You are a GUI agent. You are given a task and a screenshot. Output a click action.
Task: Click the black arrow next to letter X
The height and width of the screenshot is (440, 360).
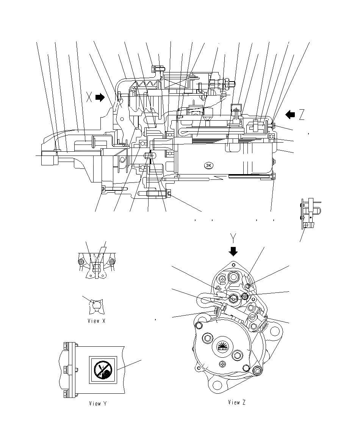pyautogui.click(x=100, y=97)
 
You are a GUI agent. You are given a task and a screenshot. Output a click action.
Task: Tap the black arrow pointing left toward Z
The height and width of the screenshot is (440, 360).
pyautogui.click(x=290, y=114)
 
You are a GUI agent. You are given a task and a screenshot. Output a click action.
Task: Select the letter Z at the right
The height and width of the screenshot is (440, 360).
pyautogui.click(x=302, y=114)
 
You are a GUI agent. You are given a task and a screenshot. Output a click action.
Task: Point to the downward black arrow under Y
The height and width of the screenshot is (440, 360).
pyautogui.click(x=233, y=251)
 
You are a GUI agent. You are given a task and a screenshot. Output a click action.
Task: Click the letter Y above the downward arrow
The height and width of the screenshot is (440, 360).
pyautogui.click(x=234, y=238)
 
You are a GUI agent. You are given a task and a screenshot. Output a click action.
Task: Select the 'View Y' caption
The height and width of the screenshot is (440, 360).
pyautogui.click(x=98, y=404)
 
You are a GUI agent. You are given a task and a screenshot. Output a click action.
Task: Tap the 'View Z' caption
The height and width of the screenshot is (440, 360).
pyautogui.click(x=237, y=402)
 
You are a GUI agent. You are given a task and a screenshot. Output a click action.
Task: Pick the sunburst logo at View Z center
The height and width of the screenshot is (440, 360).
pyautogui.click(x=222, y=346)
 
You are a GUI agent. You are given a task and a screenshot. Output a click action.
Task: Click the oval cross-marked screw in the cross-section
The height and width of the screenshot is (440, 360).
pyautogui.click(x=208, y=165)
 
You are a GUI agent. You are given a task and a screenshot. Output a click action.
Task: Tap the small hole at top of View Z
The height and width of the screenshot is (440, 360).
pyautogui.click(x=234, y=265)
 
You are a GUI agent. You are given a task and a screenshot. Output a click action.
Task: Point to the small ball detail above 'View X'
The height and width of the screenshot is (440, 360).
pyautogui.click(x=96, y=305)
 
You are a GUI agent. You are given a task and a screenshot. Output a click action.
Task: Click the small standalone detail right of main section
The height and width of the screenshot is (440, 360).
pyautogui.click(x=309, y=214)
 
